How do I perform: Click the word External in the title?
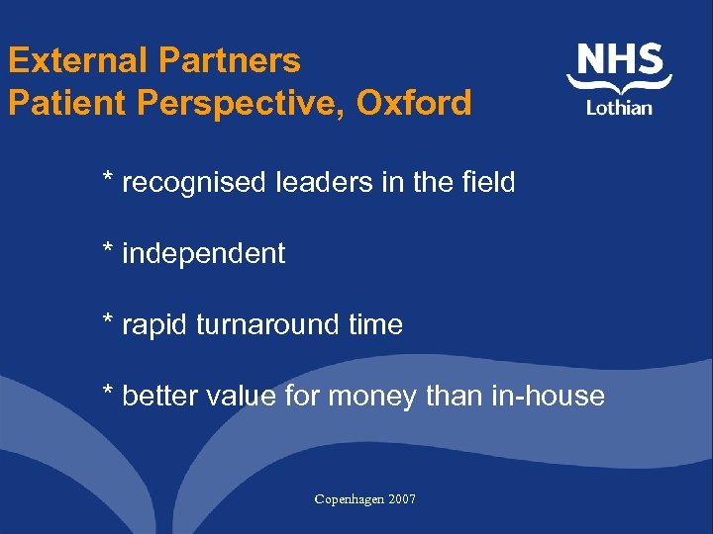point(77,61)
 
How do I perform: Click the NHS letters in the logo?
point(620,61)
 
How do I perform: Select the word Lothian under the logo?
point(619,107)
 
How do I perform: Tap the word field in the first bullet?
point(488,182)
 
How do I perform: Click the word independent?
point(203,254)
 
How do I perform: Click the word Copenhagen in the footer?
point(350,499)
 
